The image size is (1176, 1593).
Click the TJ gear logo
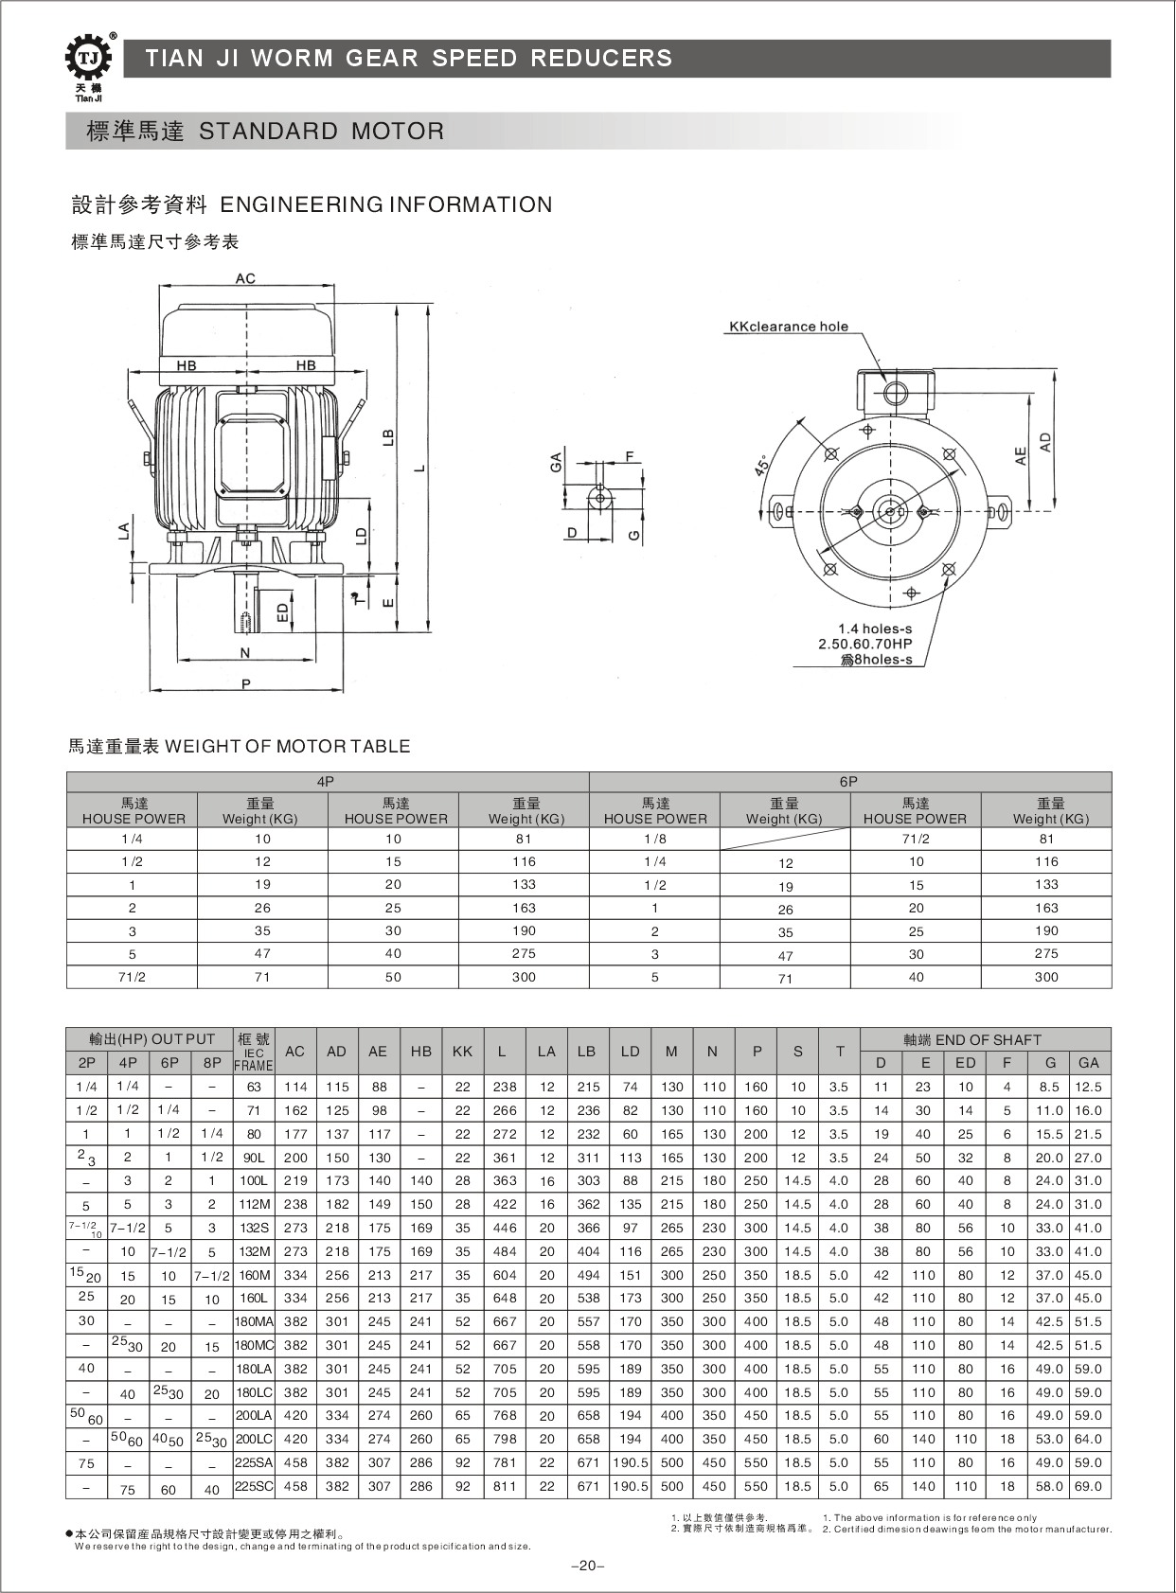tap(88, 60)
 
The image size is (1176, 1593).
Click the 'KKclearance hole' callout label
tap(788, 327)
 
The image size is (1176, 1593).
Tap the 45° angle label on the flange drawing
tap(763, 466)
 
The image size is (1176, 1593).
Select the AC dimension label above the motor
tap(245, 278)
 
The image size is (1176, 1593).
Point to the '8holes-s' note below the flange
tap(877, 660)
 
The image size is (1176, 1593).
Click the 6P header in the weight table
tap(848, 782)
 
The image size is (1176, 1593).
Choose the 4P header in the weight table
tap(326, 782)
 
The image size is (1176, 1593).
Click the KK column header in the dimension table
tap(462, 1052)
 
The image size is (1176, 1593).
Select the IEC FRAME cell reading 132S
tap(254, 1228)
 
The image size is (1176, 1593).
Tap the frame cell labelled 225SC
tap(254, 1486)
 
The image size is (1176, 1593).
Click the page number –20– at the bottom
tap(587, 1566)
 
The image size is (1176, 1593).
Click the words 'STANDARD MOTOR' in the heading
tap(321, 132)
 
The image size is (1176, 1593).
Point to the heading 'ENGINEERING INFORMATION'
tap(386, 204)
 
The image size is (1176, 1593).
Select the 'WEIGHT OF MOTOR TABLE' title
tap(288, 746)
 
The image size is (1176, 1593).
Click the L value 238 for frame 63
tap(505, 1087)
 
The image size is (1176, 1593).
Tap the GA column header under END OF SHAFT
tap(1088, 1063)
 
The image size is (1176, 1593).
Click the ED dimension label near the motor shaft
tap(282, 612)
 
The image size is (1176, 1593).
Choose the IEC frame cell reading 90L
tap(254, 1158)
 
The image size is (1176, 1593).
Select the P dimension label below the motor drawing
tap(245, 683)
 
